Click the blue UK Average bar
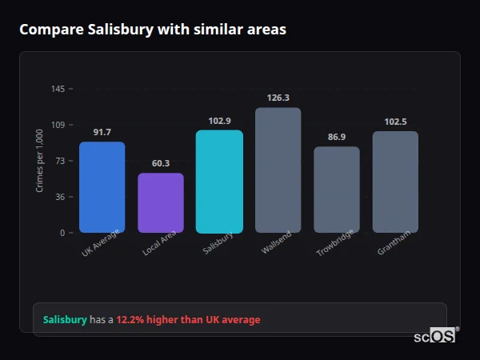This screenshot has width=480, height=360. (102, 187)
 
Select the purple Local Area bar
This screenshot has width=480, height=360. (160, 203)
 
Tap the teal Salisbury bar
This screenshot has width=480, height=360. (219, 182)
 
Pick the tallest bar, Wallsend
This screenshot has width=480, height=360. (278, 170)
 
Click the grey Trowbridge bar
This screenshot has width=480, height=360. (337, 190)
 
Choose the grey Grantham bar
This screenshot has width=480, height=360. (395, 182)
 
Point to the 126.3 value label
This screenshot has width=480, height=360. (278, 98)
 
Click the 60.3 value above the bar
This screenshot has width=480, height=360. (160, 163)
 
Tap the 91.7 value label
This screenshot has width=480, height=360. (102, 132)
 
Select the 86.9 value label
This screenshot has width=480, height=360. (337, 137)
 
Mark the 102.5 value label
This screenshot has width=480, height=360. (395, 122)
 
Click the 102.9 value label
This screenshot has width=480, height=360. (219, 121)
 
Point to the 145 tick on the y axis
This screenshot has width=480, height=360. (58, 89)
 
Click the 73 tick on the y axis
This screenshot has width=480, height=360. (60, 161)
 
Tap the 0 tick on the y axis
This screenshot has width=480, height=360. (62, 233)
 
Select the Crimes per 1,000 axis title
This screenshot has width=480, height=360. (39, 161)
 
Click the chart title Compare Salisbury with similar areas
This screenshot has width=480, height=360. (153, 30)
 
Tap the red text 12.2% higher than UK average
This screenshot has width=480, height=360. (188, 320)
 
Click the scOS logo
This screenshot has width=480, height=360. (435, 336)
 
